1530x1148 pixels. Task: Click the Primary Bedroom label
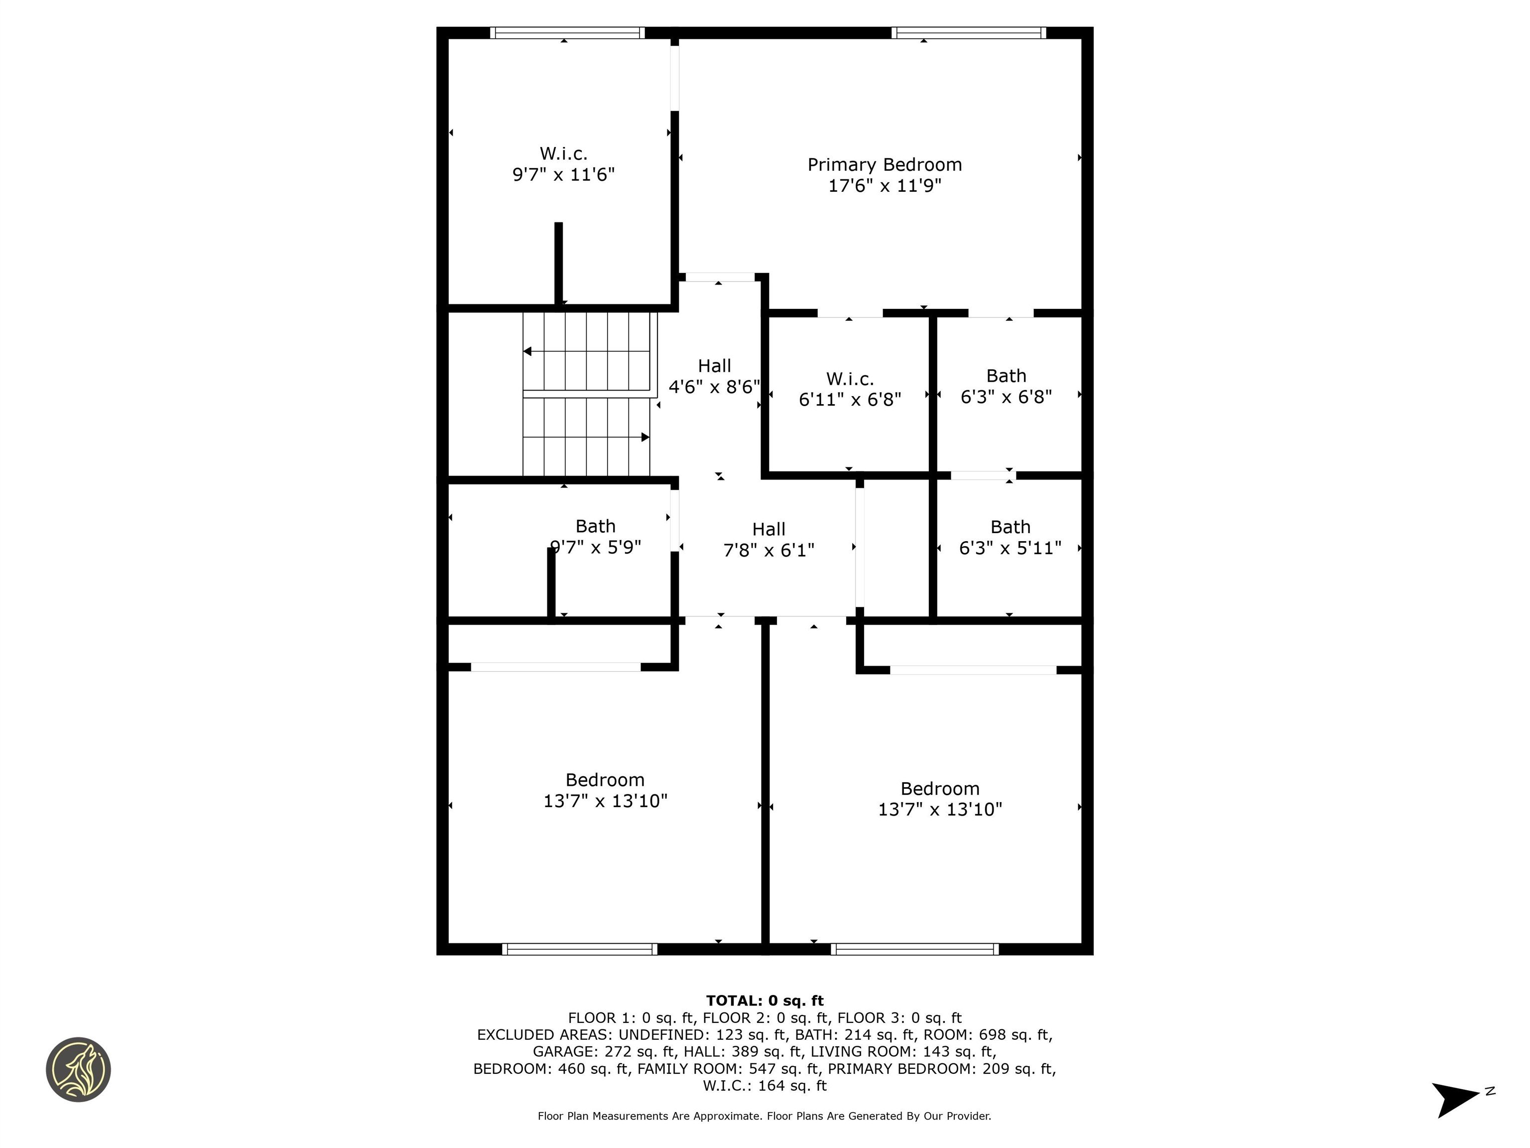tap(885, 165)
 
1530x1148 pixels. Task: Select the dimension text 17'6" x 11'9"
tap(885, 185)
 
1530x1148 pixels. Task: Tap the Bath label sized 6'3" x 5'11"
tap(1010, 527)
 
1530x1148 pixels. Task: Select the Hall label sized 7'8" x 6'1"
tap(768, 529)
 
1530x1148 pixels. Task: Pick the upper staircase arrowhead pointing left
tap(527, 352)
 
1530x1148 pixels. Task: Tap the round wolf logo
tap(78, 1069)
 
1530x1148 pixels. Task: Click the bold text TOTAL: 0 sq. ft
tap(765, 1001)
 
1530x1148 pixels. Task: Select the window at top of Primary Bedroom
tap(968, 32)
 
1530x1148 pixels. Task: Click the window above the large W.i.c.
tap(567, 32)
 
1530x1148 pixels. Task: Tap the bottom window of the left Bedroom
tap(580, 949)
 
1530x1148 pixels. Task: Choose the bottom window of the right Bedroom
tap(914, 949)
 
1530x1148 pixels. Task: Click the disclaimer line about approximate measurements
tap(765, 1116)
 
